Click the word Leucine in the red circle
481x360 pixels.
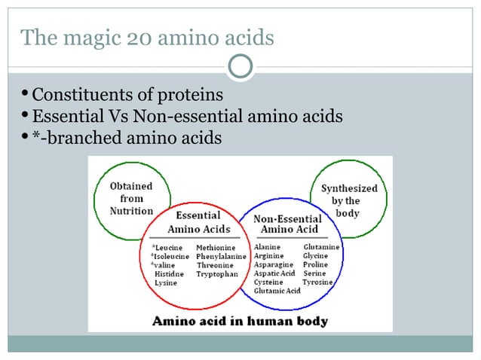[169, 247]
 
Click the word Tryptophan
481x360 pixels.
[217, 274]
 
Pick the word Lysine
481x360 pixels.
[166, 283]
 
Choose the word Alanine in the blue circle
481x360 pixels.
[268, 246]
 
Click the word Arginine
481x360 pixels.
[269, 255]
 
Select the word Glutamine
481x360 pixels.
[321, 246]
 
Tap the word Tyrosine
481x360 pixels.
[317, 282]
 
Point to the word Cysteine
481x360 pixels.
[268, 282]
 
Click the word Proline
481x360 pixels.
[315, 264]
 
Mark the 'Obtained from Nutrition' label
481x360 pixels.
[132, 198]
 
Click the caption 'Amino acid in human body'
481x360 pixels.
[240, 321]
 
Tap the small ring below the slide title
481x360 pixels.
[240, 66]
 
